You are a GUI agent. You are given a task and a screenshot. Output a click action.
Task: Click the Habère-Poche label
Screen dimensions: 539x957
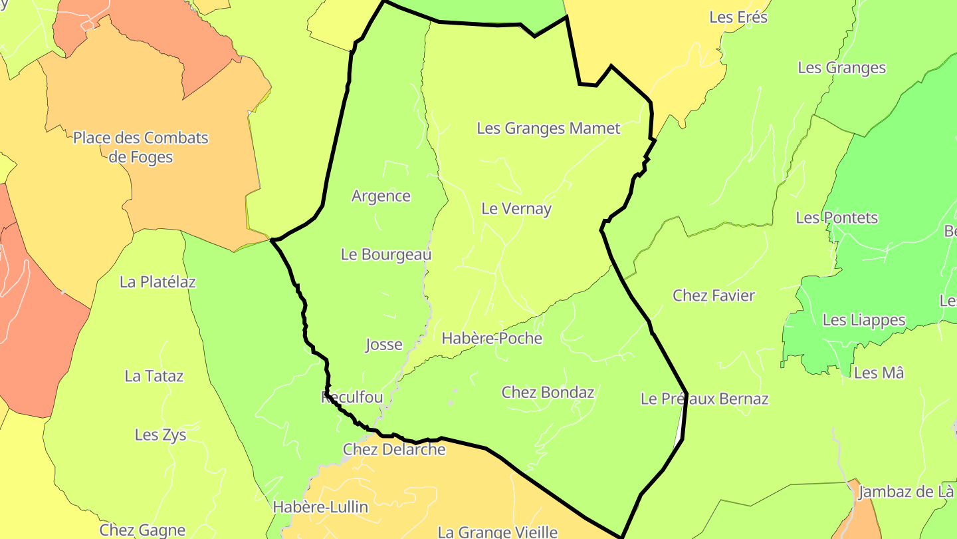492,339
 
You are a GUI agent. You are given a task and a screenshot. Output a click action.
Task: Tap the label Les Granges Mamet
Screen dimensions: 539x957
548,128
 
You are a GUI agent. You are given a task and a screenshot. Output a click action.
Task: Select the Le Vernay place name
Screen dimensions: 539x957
516,209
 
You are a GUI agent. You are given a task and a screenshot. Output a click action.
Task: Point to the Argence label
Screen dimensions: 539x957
381,196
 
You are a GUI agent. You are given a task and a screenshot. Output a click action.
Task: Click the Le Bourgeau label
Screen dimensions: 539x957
386,254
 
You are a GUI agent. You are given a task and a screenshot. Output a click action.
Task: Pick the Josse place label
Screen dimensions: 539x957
383,345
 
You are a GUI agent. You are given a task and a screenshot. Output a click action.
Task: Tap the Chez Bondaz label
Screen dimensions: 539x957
548,393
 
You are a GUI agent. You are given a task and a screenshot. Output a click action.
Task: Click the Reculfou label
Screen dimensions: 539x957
352,398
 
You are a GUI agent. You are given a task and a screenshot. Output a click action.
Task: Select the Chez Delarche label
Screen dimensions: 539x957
394,450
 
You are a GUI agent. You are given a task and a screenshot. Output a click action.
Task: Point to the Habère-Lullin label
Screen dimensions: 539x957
320,507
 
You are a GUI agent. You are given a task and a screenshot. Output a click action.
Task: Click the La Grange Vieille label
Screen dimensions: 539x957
497,532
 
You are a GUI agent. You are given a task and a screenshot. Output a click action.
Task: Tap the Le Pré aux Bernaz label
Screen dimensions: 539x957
704,399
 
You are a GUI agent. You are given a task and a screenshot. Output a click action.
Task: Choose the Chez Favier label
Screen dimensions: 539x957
714,295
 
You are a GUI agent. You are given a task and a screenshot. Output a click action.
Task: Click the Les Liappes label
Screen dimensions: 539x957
864,320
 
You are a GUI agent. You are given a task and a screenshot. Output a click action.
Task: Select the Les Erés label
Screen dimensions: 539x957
738,18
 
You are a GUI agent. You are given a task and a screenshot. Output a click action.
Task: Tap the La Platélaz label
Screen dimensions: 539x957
158,282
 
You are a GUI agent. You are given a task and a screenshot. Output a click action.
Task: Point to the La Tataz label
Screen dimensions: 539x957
154,377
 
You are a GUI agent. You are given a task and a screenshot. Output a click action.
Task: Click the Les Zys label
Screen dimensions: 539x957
160,435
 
